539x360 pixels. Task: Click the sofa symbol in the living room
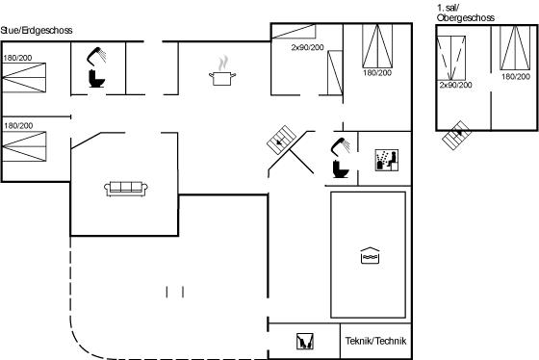click(126, 189)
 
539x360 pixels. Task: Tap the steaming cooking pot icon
click(222, 70)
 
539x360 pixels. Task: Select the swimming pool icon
click(370, 256)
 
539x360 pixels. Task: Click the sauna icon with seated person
click(387, 160)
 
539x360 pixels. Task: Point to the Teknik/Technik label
click(375, 341)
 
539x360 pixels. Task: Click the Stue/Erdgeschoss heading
click(37, 30)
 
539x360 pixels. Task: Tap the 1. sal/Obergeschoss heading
click(466, 13)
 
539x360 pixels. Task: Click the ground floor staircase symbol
click(281, 140)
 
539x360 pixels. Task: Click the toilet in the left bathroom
click(96, 78)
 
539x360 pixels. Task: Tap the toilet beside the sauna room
click(341, 168)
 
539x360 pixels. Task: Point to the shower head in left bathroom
click(96, 56)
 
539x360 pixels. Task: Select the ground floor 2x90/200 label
click(308, 47)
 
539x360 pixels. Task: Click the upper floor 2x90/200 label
click(456, 85)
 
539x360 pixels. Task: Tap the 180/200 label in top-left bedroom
click(17, 58)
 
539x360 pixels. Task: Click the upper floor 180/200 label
click(516, 76)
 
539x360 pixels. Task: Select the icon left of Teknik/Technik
click(305, 342)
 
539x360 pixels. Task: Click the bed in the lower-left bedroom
click(24, 146)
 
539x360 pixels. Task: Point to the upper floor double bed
click(515, 48)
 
